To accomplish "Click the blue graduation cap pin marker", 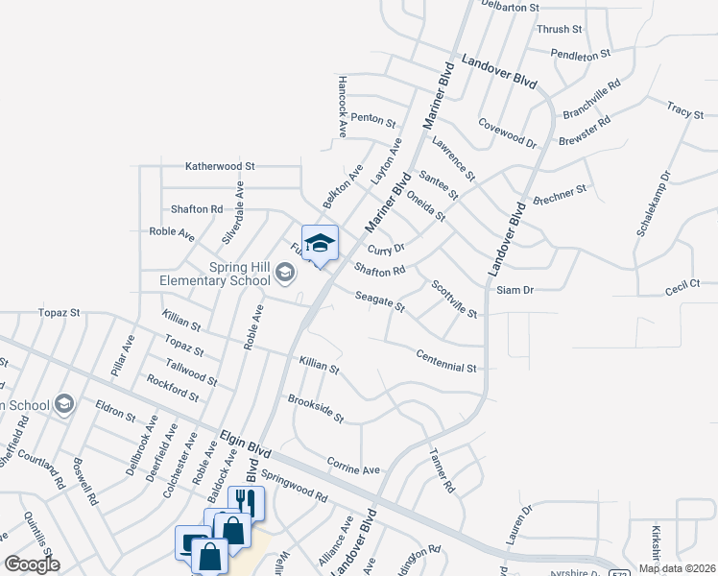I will click(321, 244).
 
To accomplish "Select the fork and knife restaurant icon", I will click(245, 503).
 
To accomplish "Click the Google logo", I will click(33, 564).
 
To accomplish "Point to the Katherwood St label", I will click(220, 166).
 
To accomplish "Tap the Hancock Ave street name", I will click(341, 108).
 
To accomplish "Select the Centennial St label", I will click(446, 361).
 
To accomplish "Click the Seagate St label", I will click(380, 302).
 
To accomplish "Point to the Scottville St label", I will click(454, 299).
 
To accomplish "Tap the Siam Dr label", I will click(515, 289).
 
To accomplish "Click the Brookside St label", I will click(316, 409).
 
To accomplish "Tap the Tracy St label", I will click(685, 111).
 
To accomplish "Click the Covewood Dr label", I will click(508, 133).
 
